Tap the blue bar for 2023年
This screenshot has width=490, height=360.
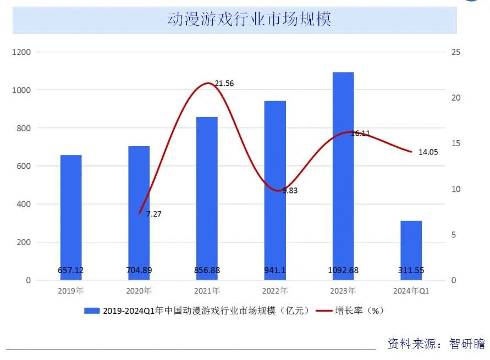coord(343,176)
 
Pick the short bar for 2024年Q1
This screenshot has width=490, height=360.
coord(411,250)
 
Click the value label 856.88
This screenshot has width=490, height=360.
coord(207,270)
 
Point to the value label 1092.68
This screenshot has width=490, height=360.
coord(343,270)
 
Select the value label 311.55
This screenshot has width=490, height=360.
coord(411,270)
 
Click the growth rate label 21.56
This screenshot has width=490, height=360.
coord(224,84)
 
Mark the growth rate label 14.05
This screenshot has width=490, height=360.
coord(428,152)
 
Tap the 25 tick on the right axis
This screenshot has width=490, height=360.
coord(455,52)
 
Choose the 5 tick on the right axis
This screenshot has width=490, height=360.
coord(453,235)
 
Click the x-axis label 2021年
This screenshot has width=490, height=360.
coord(207,291)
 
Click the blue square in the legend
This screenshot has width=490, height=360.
coord(91,311)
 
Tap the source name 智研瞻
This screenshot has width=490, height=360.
coord(467,344)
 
